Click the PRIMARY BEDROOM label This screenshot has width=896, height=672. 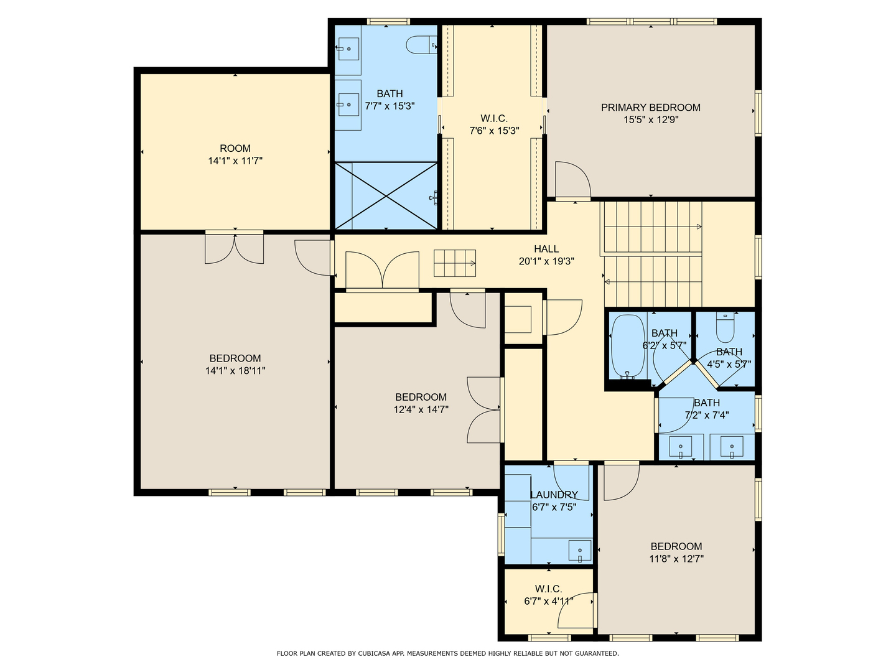[650, 108]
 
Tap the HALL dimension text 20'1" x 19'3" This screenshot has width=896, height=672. [546, 261]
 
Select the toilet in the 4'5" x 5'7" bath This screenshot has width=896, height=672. [725, 327]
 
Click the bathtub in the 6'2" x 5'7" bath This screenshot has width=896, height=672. [628, 345]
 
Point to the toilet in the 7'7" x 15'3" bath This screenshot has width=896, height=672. [421, 44]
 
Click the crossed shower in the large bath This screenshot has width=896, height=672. [386, 196]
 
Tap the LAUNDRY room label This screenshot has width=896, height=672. [554, 495]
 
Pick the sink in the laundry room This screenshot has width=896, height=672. [580, 551]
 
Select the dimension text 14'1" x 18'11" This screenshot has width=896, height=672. [235, 371]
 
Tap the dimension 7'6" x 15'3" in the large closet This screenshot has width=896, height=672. [494, 131]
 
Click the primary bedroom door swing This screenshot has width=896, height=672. [572, 180]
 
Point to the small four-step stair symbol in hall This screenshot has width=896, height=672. [455, 263]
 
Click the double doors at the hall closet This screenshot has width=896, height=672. [382, 271]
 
